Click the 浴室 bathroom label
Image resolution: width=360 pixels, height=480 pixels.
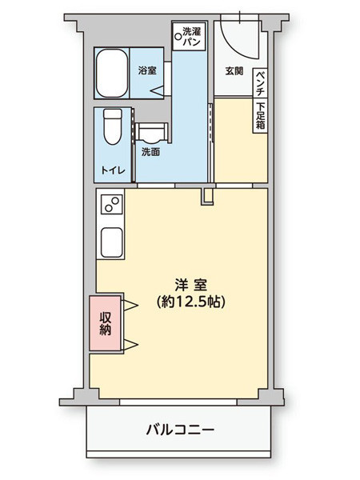146,70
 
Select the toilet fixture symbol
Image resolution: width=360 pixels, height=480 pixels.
112,126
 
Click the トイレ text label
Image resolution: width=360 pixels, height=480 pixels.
112,169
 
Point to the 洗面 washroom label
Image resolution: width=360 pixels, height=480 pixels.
150,151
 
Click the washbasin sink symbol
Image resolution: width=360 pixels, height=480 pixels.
150,130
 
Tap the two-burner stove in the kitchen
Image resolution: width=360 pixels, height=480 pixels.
110,208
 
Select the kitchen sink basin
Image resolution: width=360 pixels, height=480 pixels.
110,241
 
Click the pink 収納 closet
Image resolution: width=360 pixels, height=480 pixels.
105,322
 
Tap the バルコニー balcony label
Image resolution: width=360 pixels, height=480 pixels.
180,430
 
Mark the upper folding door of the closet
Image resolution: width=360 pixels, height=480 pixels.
129,304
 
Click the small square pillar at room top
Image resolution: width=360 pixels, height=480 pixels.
206,195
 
